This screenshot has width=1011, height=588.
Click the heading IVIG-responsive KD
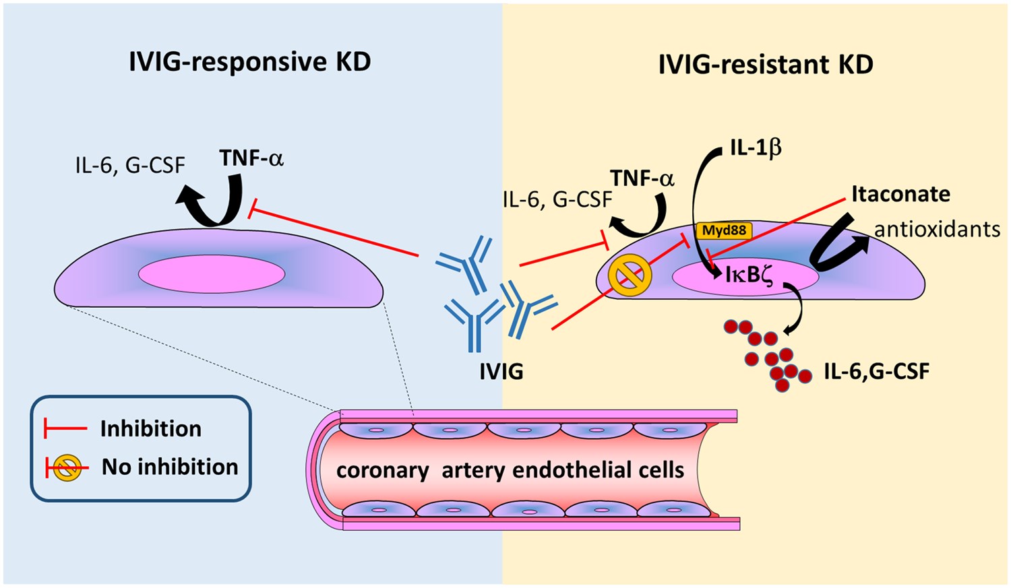tap(249, 62)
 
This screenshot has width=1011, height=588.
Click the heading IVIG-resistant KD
tap(765, 65)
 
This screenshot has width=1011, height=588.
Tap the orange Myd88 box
tap(724, 230)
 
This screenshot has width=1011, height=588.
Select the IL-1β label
tap(756, 148)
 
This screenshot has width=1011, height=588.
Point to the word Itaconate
tap(900, 194)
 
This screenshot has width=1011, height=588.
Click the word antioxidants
tap(937, 229)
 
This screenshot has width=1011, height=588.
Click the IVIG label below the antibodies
tap(501, 370)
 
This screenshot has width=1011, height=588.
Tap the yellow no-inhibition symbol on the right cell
tap(630, 277)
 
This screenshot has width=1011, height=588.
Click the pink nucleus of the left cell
tap(212, 275)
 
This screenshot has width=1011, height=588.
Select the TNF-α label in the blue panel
tap(251, 158)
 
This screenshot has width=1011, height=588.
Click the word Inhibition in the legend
tap(150, 428)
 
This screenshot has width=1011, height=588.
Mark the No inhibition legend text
tap(170, 467)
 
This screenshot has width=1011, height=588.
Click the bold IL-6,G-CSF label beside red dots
tap(876, 371)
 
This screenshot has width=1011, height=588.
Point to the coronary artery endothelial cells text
tap(510, 469)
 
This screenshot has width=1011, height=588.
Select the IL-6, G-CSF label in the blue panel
tap(130, 164)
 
